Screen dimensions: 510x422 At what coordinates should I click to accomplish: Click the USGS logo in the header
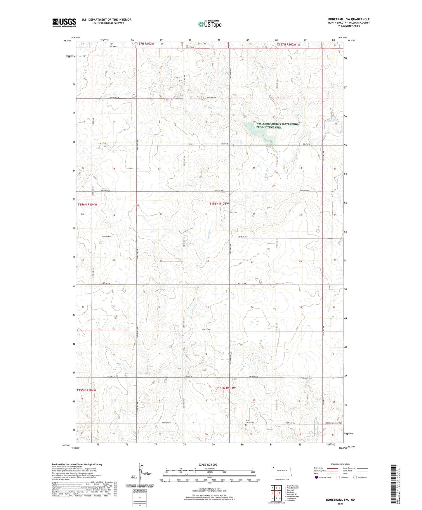point(64,22)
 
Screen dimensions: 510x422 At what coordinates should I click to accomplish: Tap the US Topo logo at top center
point(210,24)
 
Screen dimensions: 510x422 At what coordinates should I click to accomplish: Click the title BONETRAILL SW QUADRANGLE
point(349,19)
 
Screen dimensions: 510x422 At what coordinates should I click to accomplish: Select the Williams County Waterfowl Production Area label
point(277,126)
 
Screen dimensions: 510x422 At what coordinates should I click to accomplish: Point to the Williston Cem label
point(307,378)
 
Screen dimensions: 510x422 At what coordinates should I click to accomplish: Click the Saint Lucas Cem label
point(250,422)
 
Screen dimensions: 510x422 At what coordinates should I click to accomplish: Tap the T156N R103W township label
point(219,204)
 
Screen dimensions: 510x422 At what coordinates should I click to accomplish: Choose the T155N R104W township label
point(86,390)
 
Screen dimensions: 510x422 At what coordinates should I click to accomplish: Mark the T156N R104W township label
point(87,204)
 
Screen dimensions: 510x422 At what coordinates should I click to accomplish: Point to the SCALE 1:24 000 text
point(207,464)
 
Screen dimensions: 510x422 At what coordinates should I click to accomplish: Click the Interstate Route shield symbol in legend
point(317,478)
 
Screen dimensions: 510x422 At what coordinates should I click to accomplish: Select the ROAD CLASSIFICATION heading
point(340,464)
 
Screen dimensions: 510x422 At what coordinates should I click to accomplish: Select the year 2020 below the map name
point(340,504)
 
